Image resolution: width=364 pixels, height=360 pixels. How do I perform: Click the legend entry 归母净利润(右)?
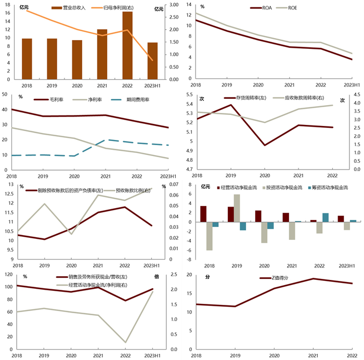[124, 8]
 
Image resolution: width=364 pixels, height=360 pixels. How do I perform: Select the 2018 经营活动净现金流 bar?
[203, 214]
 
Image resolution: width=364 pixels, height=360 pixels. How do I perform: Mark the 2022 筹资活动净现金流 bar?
[326, 217]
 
